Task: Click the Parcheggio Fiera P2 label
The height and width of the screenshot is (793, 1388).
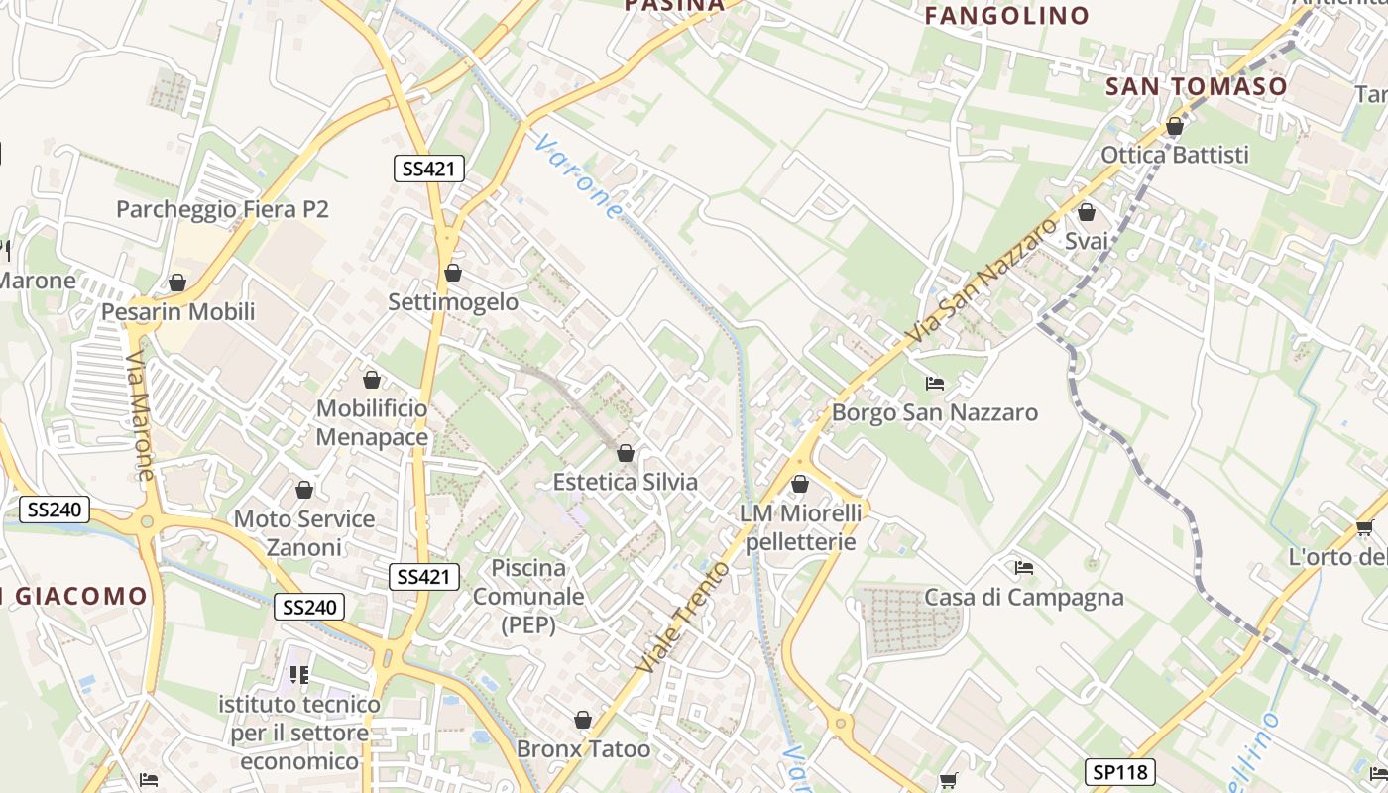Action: [x=222, y=209]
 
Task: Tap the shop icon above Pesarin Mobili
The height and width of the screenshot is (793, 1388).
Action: [x=177, y=283]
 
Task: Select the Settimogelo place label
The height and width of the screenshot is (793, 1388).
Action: [x=453, y=301]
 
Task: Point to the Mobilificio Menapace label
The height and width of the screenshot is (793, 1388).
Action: [x=372, y=422]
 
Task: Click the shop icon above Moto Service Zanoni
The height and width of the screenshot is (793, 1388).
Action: [x=304, y=491]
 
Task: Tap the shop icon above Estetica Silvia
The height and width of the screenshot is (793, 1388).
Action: [x=626, y=454]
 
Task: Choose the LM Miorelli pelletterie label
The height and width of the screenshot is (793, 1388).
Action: [x=800, y=527]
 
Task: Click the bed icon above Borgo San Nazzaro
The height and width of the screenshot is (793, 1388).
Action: [x=934, y=384]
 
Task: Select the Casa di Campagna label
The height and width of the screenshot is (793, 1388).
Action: [x=1024, y=597]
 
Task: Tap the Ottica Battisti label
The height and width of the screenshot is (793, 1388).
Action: [x=1175, y=155]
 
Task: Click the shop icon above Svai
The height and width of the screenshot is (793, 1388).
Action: [x=1087, y=213]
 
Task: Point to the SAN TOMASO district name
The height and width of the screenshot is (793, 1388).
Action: [x=1196, y=86]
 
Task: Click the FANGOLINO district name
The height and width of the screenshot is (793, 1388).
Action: [x=1006, y=16]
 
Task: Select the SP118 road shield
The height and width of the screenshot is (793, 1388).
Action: [x=1119, y=771]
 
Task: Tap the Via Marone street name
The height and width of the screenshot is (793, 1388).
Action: [x=141, y=416]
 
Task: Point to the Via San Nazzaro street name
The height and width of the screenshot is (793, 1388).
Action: [x=983, y=283]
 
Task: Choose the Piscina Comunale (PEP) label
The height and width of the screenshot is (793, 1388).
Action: [x=528, y=597]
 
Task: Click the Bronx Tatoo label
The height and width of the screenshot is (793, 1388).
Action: [x=584, y=748]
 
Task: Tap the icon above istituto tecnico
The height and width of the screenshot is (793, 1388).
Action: [x=299, y=675]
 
